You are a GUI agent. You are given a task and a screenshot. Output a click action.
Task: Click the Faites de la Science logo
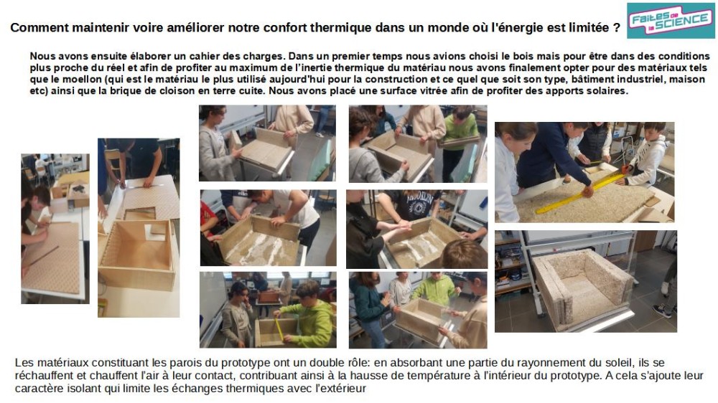coord(668,21)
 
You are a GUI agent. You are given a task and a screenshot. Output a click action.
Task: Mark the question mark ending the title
coord(617,28)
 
